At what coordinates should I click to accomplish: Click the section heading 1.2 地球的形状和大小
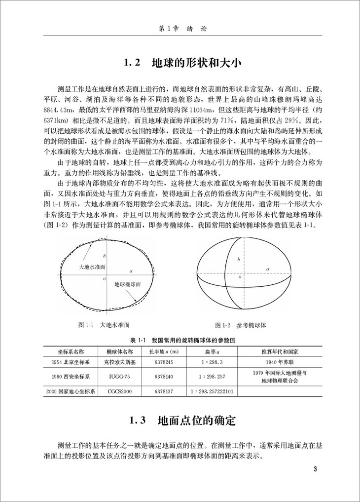(180, 64)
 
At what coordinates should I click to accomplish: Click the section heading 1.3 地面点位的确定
(180, 421)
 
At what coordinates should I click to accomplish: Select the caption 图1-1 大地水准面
(104, 325)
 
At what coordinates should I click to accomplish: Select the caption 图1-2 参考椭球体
(241, 325)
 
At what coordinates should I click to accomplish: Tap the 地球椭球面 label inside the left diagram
(128, 285)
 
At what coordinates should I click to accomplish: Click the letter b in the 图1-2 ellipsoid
(239, 260)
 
